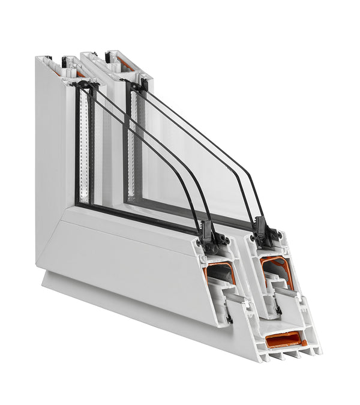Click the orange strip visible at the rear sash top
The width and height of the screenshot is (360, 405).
tap(122, 62)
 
